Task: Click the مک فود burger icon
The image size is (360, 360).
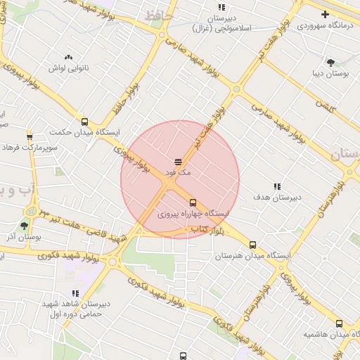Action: coord(178,162)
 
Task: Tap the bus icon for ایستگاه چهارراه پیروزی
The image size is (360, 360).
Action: coord(193,202)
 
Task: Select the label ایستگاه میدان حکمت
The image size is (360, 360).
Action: coord(85,131)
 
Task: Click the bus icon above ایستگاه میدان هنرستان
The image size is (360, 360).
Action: coord(252,245)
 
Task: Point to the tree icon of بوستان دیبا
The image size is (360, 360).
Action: coord(330,63)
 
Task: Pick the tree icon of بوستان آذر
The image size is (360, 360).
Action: coord(25,226)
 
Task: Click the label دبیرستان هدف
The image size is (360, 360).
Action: coord(278,198)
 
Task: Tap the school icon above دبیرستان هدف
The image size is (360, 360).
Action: coord(278,186)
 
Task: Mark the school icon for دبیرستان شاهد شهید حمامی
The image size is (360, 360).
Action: coord(75,294)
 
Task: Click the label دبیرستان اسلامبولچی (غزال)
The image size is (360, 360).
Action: coord(221,24)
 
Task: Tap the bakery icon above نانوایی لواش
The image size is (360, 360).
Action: coord(68,57)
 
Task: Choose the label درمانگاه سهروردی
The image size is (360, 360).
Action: coord(323,25)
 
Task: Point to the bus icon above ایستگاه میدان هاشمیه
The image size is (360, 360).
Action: coord(340,323)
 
